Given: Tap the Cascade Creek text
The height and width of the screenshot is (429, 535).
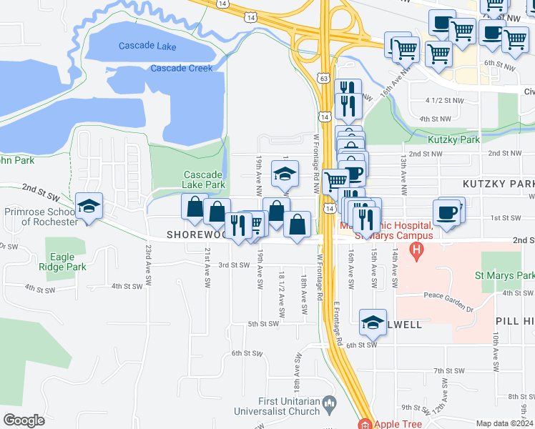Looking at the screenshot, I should (x=181, y=68).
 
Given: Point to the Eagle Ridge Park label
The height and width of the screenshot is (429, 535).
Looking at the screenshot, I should (x=65, y=262).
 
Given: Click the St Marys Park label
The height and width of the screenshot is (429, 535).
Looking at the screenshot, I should (x=505, y=275).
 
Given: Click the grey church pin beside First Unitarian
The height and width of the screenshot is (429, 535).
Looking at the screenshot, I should (x=329, y=405).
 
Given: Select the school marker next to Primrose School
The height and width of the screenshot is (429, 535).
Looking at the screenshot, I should (x=89, y=207).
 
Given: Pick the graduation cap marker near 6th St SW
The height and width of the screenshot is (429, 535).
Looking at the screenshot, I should (x=373, y=322).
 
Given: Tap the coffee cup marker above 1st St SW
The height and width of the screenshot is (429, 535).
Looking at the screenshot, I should (x=447, y=213).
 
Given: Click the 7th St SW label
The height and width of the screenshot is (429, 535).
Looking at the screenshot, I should (x=449, y=371).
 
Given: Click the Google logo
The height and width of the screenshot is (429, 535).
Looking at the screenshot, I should (x=24, y=420).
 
